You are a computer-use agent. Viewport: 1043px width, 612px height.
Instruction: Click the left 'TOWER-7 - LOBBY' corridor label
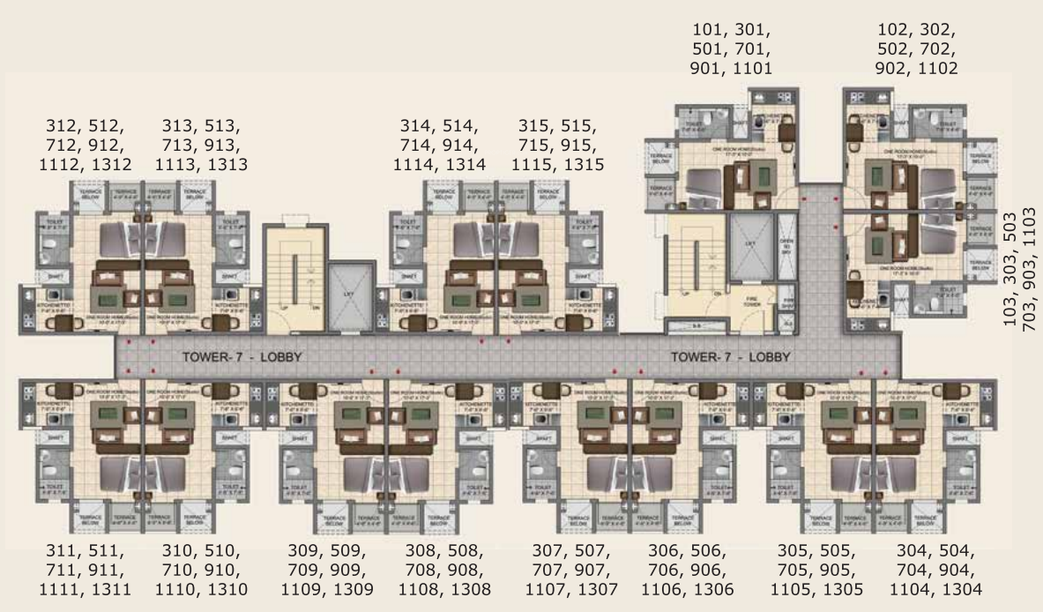tap(242, 358)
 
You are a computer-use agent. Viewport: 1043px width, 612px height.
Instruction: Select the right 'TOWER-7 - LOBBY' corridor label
tap(730, 358)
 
